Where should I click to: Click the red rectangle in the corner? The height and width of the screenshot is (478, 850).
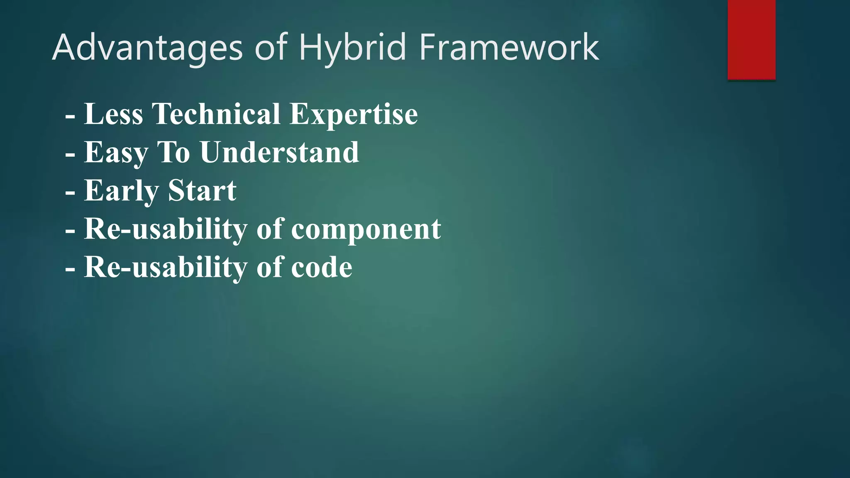751,39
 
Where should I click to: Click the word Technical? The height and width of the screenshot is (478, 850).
216,114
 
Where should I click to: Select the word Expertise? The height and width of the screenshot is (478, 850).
354,114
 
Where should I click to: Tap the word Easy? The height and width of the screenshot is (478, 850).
116,153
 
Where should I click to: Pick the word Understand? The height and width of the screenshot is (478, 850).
279,153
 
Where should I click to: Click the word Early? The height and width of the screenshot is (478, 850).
121,191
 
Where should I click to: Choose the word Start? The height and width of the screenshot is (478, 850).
202,191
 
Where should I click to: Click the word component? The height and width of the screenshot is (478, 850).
366,229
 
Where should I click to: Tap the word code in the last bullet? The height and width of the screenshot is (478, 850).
322,268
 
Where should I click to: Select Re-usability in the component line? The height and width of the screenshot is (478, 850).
166,229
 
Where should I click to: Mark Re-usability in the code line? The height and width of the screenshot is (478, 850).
166,268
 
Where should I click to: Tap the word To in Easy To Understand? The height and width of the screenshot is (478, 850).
173,153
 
